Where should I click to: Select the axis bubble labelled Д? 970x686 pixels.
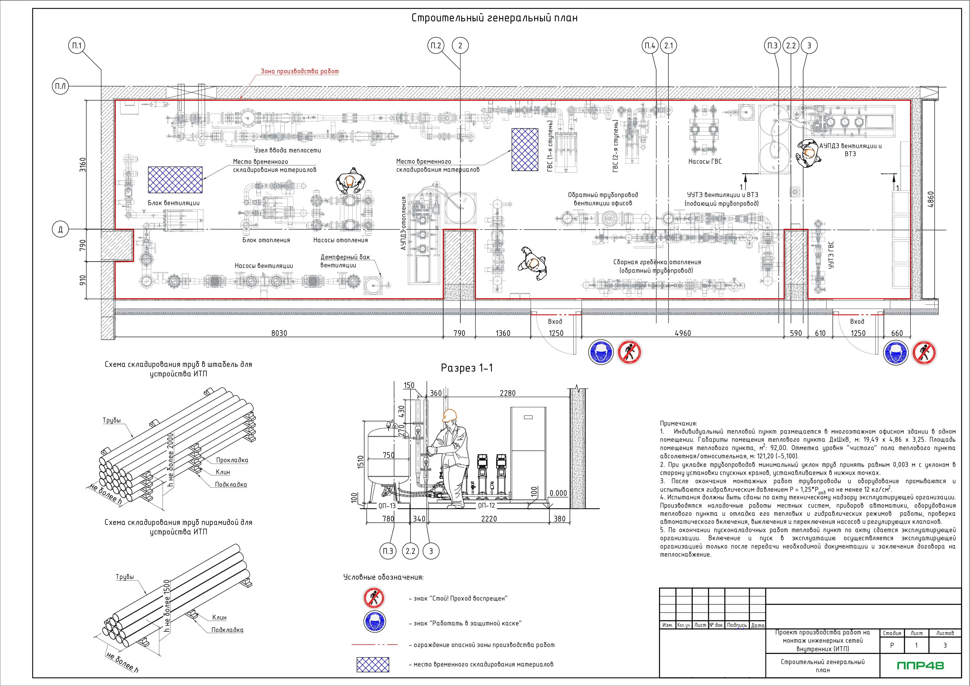[60, 230]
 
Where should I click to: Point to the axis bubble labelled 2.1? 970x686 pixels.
[668, 46]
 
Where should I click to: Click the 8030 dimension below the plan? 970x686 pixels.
[279, 333]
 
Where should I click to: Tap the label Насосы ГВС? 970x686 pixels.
[705, 161]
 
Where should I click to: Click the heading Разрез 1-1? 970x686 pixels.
[467, 368]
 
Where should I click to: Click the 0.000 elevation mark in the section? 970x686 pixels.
[559, 493]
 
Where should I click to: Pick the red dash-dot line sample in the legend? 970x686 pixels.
[374, 645]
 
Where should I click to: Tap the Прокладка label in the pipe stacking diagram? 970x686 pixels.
[232, 460]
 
